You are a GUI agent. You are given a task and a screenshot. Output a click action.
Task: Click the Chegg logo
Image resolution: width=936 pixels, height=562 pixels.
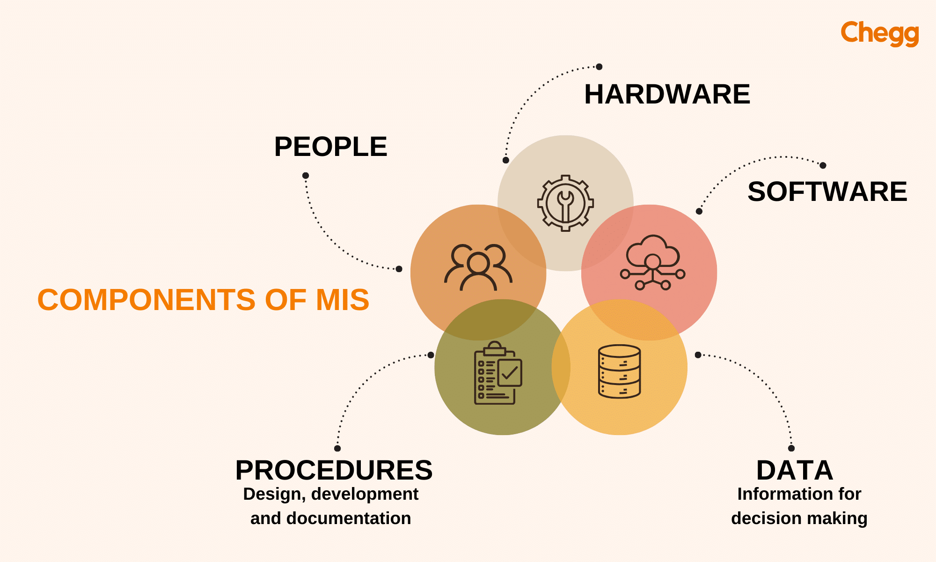click(879, 33)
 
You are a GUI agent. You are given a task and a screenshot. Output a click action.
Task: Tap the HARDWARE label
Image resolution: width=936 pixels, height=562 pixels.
click(667, 94)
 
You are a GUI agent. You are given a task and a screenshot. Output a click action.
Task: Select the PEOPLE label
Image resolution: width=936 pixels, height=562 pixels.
click(330, 147)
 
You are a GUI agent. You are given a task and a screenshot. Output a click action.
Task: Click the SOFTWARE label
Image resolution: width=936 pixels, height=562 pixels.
click(827, 192)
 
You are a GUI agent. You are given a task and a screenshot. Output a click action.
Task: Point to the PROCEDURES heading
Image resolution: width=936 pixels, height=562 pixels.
click(334, 470)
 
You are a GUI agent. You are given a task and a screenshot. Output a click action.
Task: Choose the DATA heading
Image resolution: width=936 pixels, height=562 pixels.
click(795, 470)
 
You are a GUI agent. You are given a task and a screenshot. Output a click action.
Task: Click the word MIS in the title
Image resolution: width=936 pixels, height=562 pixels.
click(343, 300)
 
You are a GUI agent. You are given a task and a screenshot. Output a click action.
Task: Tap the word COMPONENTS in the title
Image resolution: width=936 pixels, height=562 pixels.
click(146, 300)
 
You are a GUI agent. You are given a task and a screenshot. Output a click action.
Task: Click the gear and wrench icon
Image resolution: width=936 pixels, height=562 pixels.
click(565, 203)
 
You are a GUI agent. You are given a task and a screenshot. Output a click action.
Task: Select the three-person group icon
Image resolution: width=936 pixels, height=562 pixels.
click(478, 267)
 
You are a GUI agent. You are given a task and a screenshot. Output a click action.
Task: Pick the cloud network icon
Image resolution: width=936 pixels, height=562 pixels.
click(652, 262)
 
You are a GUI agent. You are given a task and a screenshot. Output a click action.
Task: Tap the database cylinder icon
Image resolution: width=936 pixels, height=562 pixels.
click(619, 371)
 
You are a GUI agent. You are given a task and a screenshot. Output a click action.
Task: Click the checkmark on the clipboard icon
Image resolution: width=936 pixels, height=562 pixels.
click(510, 373)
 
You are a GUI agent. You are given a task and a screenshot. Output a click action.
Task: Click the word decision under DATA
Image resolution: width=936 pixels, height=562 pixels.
click(766, 518)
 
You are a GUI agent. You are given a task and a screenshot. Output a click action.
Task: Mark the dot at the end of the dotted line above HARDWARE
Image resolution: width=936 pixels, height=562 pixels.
click(599, 67)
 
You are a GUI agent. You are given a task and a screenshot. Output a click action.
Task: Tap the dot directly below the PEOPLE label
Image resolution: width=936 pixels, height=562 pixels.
click(306, 176)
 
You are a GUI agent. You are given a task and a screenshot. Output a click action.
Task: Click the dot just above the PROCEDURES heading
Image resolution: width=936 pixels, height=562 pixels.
click(337, 448)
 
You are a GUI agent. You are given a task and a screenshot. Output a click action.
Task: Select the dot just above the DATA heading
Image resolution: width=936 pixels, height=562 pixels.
click(791, 448)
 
